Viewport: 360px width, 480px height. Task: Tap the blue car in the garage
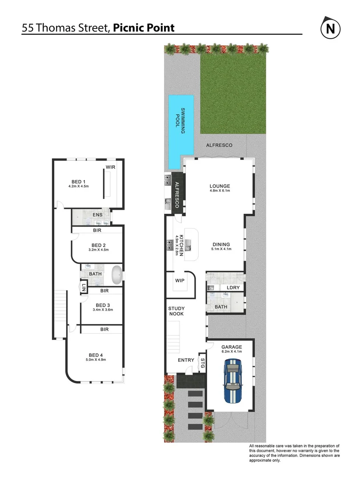coord(232,381)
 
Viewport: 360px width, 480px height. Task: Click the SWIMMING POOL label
coord(181,118)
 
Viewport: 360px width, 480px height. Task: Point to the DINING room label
coord(221,244)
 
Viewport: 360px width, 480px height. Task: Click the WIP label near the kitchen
coord(180,280)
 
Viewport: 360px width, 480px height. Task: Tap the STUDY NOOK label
coord(176,311)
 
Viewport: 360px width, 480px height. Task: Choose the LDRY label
coord(233,288)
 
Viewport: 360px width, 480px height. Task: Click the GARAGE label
coord(232,347)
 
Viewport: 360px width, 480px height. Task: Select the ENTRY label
coord(186,360)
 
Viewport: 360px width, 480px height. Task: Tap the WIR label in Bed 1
coord(110,167)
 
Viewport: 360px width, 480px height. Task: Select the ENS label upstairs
coord(97,216)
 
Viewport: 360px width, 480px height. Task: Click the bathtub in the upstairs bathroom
coord(117,276)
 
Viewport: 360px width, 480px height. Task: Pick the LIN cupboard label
coord(83,288)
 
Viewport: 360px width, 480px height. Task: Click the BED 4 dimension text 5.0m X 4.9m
coord(96,360)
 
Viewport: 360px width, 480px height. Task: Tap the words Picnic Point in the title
coord(144,28)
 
